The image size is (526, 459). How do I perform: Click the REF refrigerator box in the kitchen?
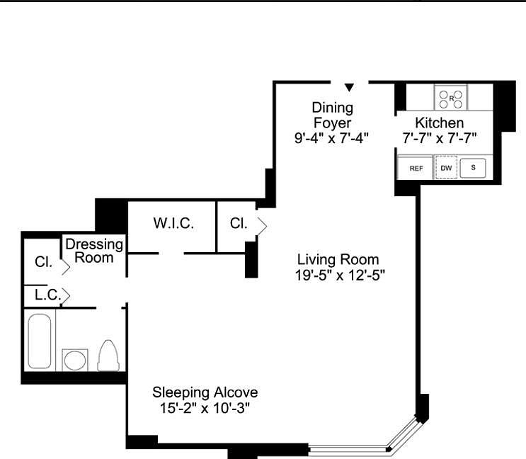pyautogui.click(x=416, y=168)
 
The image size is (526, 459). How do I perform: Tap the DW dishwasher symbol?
pyautogui.click(x=446, y=168)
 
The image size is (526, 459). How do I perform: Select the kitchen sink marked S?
pyautogui.click(x=473, y=168)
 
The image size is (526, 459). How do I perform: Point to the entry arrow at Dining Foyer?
pyautogui.click(x=349, y=87)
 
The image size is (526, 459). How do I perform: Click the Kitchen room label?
pyautogui.click(x=440, y=123)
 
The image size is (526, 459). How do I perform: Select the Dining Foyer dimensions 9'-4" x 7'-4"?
pyautogui.click(x=333, y=138)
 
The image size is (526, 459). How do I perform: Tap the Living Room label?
pyautogui.click(x=338, y=259)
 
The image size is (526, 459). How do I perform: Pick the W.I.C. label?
pyautogui.click(x=173, y=223)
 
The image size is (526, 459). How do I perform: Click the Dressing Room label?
pyautogui.click(x=94, y=251)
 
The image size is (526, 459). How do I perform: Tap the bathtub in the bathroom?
pyautogui.click(x=40, y=341)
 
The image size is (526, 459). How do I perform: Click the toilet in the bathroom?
pyautogui.click(x=108, y=355)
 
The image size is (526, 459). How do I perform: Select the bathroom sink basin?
pyautogui.click(x=75, y=360)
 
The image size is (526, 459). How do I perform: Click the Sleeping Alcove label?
pyautogui.click(x=205, y=392)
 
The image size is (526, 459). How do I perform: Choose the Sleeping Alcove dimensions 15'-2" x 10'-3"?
pyautogui.click(x=205, y=408)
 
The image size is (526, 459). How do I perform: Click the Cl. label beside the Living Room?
pyautogui.click(x=239, y=223)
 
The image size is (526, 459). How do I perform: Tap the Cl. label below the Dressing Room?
pyautogui.click(x=43, y=261)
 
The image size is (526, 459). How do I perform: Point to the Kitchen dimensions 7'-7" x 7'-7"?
pyautogui.click(x=440, y=138)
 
